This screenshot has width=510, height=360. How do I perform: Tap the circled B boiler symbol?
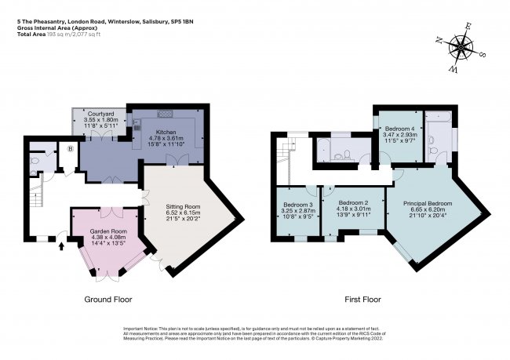click(71, 148)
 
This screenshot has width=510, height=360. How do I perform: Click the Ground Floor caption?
click(108, 300)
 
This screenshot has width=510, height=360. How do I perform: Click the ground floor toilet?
click(34, 161)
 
